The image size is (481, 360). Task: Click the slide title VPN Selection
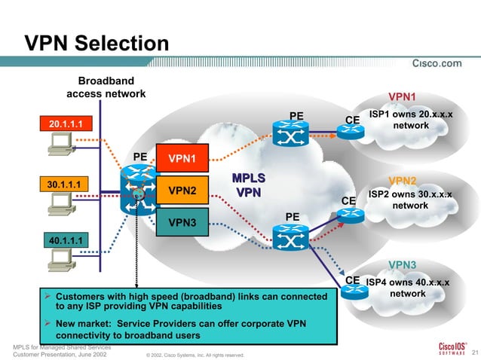click(x=97, y=43)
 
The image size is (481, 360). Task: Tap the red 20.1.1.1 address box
click(x=65, y=123)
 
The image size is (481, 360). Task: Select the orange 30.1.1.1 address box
click(x=64, y=183)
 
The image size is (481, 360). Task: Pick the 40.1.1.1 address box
click(x=65, y=241)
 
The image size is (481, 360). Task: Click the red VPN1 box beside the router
click(x=182, y=158)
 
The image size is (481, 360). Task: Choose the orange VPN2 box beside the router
click(x=182, y=191)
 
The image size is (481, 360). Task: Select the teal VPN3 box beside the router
click(x=182, y=222)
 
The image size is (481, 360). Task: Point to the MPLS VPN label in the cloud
click(x=249, y=185)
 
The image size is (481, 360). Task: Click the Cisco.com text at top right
click(x=437, y=63)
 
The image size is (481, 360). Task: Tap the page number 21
click(x=473, y=352)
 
